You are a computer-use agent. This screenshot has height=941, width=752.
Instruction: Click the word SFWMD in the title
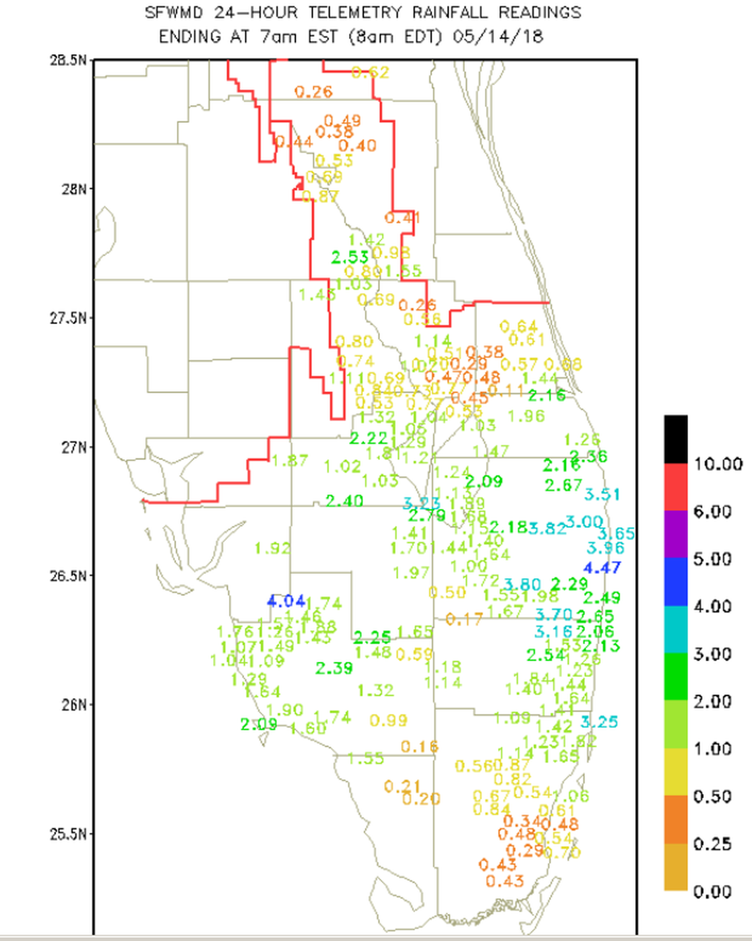click(174, 13)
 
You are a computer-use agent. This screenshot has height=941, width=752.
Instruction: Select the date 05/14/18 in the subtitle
click(498, 36)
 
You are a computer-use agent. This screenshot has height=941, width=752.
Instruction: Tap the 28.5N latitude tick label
click(68, 60)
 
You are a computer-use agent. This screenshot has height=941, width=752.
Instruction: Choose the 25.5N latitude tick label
click(68, 833)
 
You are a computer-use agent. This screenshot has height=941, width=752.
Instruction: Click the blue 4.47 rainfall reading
click(602, 568)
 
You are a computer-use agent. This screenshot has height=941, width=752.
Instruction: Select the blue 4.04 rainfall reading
click(286, 601)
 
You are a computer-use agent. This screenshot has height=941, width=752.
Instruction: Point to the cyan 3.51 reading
click(602, 494)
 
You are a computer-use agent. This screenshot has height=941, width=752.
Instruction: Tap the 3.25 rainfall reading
click(599, 722)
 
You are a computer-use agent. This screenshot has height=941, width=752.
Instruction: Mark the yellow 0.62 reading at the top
click(370, 72)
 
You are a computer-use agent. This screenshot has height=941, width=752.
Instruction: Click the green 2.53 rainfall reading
click(350, 257)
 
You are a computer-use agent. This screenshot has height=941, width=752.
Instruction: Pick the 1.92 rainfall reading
click(272, 548)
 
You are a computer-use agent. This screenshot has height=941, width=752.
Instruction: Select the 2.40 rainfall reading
click(344, 501)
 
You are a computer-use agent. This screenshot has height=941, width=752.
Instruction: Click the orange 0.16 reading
click(420, 746)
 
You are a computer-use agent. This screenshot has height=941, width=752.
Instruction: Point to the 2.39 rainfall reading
click(334, 668)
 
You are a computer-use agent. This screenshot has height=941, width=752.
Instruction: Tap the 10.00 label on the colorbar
click(718, 464)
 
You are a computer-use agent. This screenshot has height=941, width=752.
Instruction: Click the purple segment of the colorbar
click(675, 534)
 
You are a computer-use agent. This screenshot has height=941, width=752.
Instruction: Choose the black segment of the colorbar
click(675, 439)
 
